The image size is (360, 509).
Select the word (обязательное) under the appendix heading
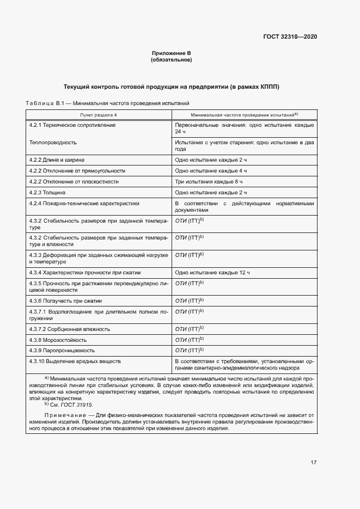pyautogui.click(x=171, y=60)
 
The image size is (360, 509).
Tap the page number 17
pyautogui.click(x=314, y=463)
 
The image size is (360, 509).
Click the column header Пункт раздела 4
pyautogui.click(x=99, y=115)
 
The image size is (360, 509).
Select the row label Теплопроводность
pyautogui.click(x=53, y=142)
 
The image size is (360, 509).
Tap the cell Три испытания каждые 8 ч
pyautogui.click(x=209, y=182)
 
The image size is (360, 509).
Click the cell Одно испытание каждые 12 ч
pyautogui.click(x=212, y=272)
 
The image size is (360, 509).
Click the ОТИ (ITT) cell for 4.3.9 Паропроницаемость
pyautogui.click(x=189, y=350)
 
